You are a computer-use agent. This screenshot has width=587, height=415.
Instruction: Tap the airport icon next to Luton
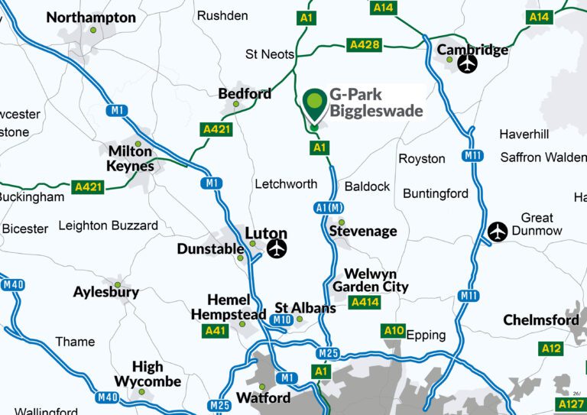click(x=277, y=248)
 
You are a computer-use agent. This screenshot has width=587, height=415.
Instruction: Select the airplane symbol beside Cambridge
click(x=467, y=65)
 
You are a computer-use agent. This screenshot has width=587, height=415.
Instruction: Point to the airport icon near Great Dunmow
click(x=498, y=231)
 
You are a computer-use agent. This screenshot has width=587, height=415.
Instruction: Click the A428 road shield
click(x=364, y=45)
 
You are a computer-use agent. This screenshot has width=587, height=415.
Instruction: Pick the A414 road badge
click(x=364, y=303)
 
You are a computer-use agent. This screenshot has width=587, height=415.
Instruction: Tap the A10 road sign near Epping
click(x=394, y=330)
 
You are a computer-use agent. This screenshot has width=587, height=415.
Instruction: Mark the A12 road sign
click(x=551, y=349)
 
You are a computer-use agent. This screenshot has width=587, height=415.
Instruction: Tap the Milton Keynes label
click(x=131, y=158)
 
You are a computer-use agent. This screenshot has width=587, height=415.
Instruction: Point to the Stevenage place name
click(x=363, y=231)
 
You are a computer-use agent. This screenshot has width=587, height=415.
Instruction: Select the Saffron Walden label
click(x=543, y=157)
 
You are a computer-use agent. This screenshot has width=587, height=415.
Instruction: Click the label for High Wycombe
click(x=148, y=374)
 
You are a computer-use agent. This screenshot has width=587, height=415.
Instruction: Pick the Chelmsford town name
click(x=540, y=320)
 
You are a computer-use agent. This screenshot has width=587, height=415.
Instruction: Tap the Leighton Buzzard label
click(x=108, y=225)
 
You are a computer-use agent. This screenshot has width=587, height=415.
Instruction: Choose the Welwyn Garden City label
click(x=371, y=280)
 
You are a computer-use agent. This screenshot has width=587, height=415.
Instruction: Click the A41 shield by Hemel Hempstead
click(x=216, y=331)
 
